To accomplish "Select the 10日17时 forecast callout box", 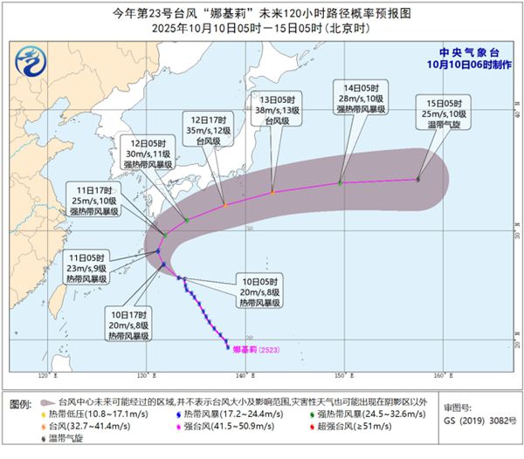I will click(x=128, y=324).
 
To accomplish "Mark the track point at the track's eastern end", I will click(x=418, y=180).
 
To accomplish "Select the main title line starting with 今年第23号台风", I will click(x=261, y=14).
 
